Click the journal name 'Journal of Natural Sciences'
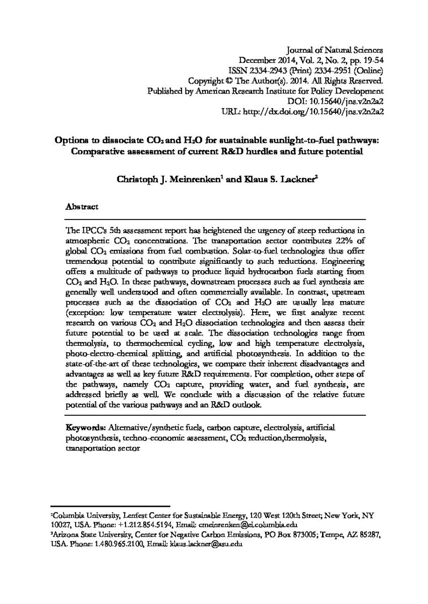[335, 50]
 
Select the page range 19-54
[372, 60]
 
